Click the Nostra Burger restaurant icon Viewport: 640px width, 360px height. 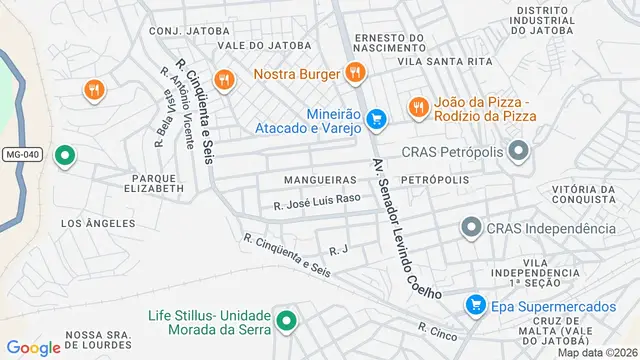point(354,72)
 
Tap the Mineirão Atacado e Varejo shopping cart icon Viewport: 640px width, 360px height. point(376,120)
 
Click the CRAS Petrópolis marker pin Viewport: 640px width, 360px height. point(518,152)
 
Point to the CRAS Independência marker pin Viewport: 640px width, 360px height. point(470,228)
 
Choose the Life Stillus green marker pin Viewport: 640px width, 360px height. point(287,321)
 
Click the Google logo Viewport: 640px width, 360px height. point(34,347)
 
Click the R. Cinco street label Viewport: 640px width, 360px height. point(436,331)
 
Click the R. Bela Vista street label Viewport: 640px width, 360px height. point(160,122)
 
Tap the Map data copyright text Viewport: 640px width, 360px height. point(596,352)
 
